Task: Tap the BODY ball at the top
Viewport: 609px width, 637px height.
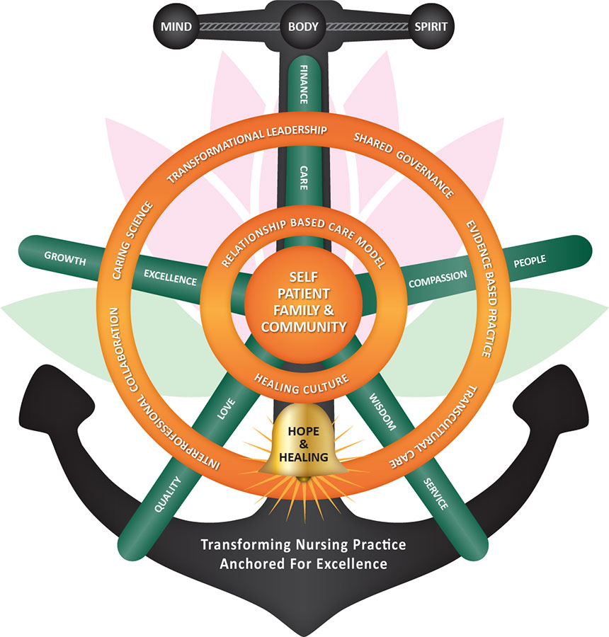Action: coord(303,28)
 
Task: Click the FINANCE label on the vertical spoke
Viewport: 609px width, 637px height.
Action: coord(303,84)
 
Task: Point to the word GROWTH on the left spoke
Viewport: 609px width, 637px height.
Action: coord(64,257)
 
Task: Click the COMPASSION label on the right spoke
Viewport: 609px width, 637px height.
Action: coord(438,277)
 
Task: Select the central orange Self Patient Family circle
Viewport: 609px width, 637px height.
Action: coord(303,302)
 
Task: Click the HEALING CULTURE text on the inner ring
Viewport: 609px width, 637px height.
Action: coord(302,381)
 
